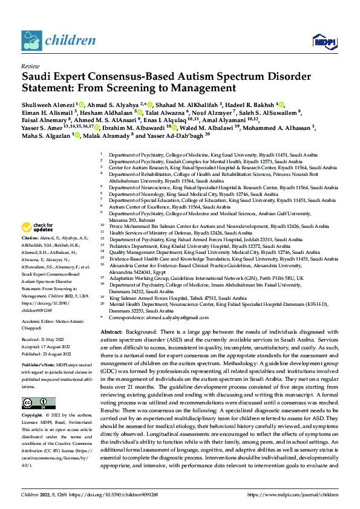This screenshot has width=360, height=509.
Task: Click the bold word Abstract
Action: coord(111,332)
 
